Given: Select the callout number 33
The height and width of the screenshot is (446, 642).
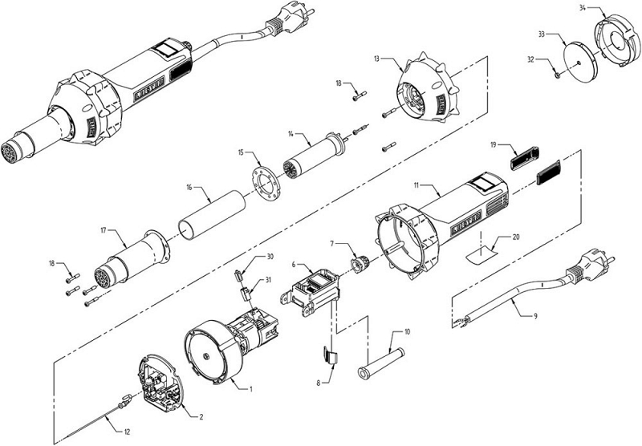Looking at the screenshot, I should click(x=542, y=34).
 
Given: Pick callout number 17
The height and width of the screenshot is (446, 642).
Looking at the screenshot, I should click(x=103, y=230).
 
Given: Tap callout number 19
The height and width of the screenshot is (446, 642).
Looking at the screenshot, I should click(x=494, y=145).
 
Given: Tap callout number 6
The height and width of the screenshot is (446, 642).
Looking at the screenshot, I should click(x=294, y=262).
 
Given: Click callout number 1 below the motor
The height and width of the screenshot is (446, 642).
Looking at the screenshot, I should click(x=250, y=390).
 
